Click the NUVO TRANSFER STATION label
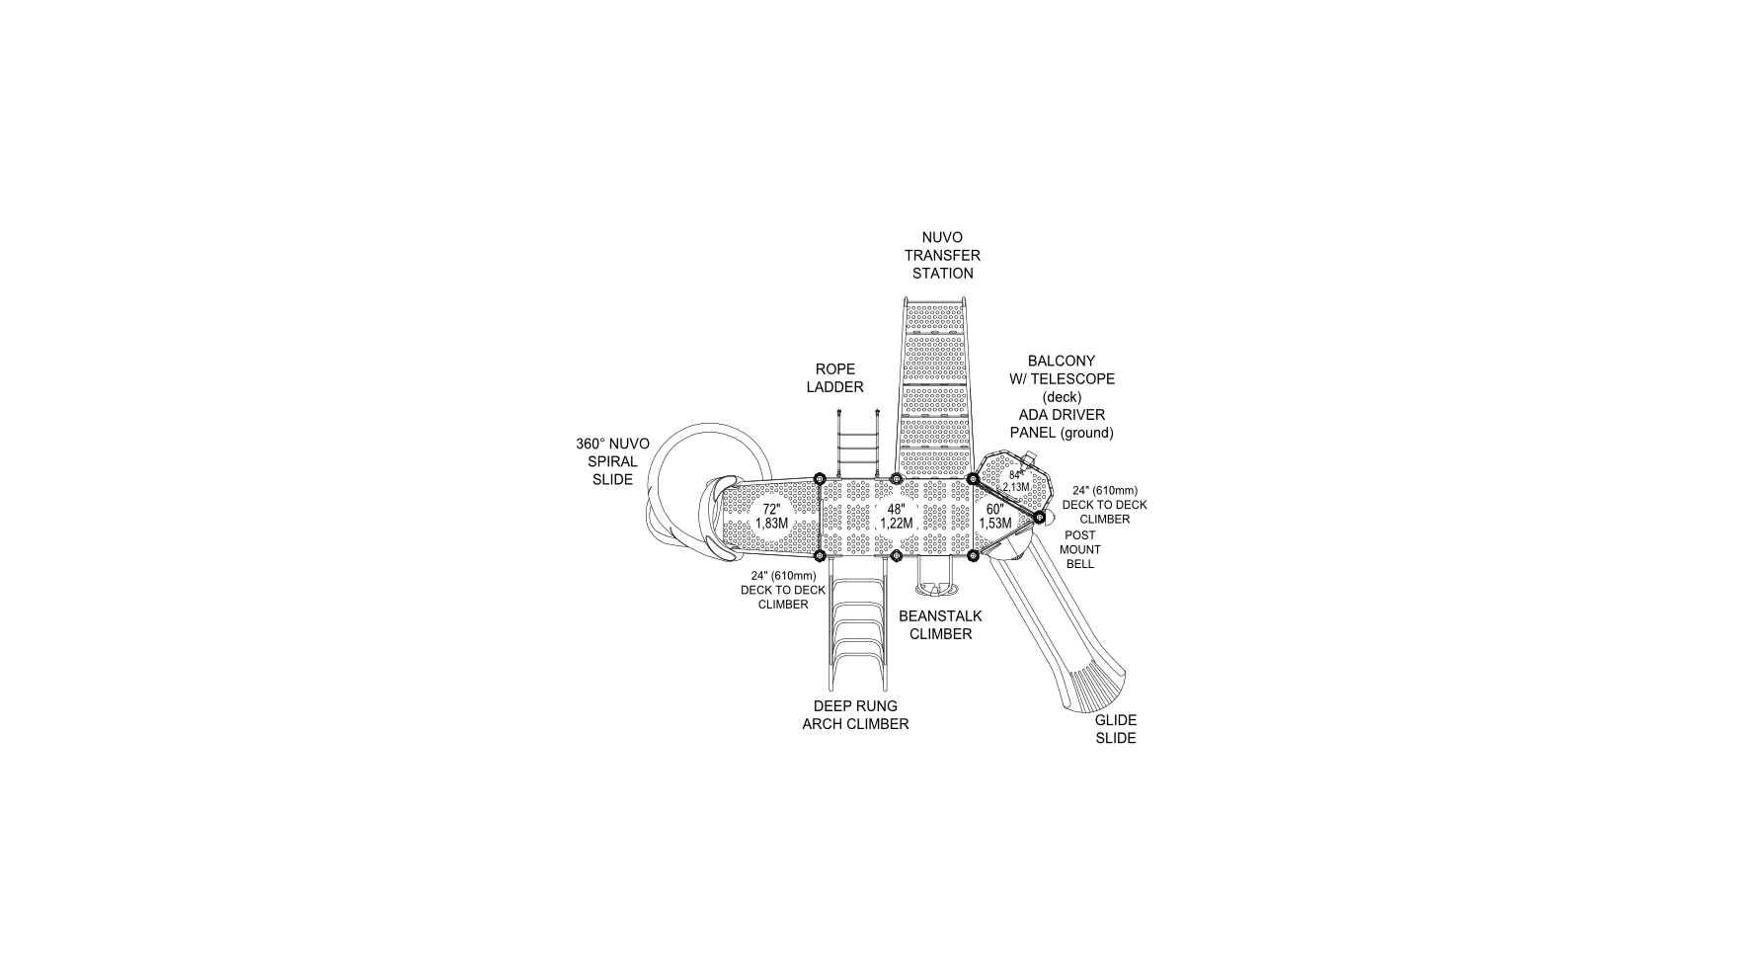tap(942, 255)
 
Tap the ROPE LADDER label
tap(834, 378)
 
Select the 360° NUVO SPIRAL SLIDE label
tap(612, 461)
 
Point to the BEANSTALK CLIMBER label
tap(940, 624)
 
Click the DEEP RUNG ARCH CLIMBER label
tap(855, 715)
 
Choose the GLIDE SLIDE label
tap(1115, 729)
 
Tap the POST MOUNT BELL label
tap(1079, 549)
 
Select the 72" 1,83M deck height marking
tap(771, 516)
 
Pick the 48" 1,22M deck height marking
tap(896, 516)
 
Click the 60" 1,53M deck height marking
tap(994, 516)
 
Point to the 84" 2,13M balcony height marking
tap(1016, 481)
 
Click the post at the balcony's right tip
tap(1040, 517)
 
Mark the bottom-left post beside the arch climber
tap(819, 556)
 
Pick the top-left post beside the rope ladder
tap(819, 479)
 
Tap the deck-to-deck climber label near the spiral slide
tap(783, 590)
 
